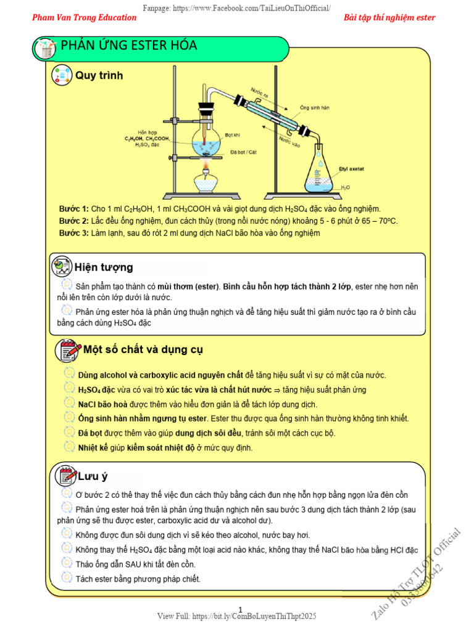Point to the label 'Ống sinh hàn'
pos(315,107)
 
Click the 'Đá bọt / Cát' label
pos(243,151)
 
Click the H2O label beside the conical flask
pos(346,187)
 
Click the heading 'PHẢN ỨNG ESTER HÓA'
pos(129,46)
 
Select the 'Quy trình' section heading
pos(99,76)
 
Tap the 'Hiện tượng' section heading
pos(104,267)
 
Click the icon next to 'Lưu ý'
pos(65,476)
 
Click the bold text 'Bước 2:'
pos(74,221)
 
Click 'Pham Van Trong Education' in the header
pos(85,17)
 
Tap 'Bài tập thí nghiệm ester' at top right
pos(389,17)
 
